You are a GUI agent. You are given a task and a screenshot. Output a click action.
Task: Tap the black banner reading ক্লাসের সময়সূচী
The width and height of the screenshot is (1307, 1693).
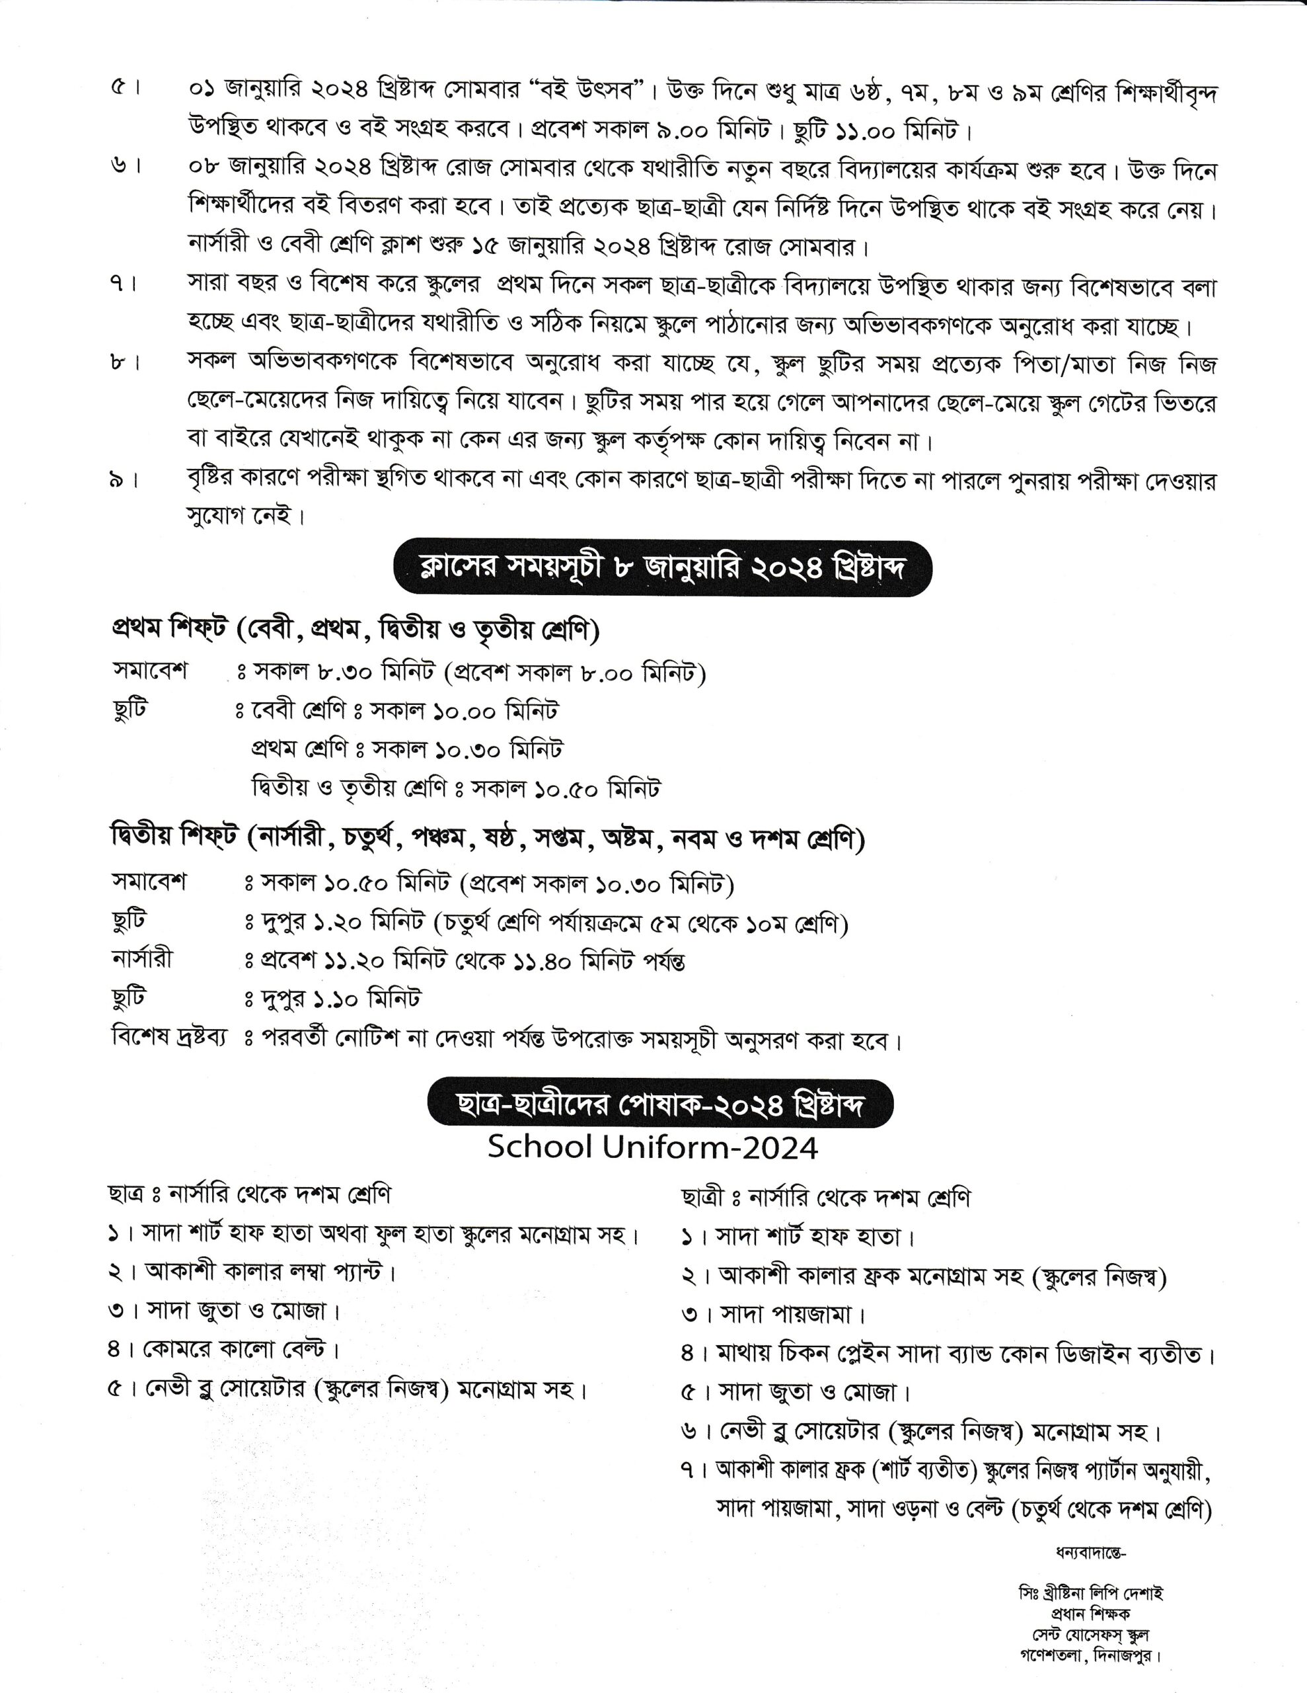662,568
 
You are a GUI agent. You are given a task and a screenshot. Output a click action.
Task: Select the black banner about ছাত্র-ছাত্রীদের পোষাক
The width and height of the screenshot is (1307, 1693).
659,1104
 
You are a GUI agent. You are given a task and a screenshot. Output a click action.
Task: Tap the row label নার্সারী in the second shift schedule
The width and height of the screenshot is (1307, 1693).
142,959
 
